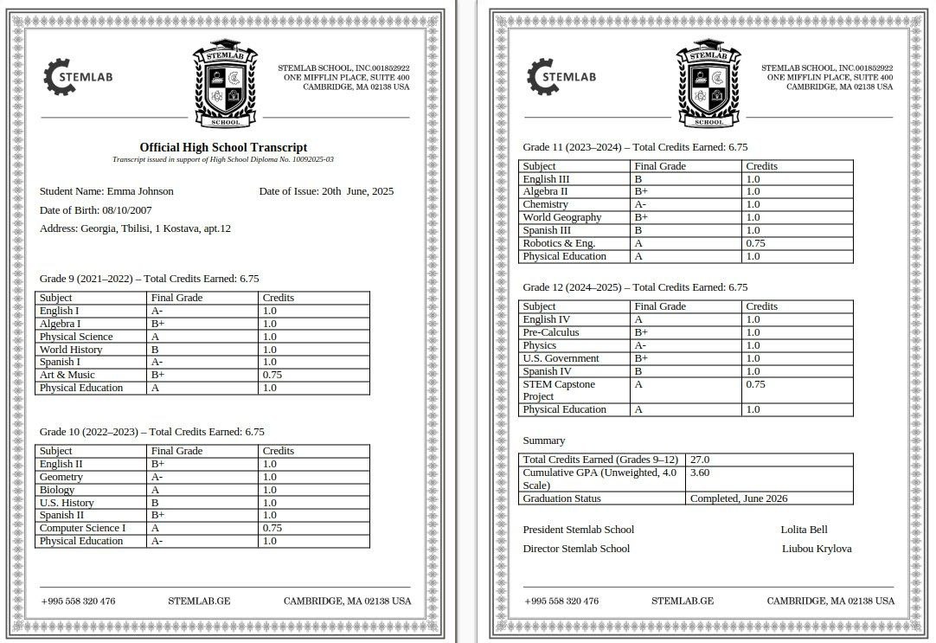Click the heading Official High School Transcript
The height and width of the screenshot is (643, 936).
(x=223, y=147)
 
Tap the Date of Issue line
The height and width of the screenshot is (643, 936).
(x=326, y=191)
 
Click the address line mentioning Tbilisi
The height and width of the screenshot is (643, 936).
(x=135, y=228)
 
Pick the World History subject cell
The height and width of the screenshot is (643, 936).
(x=71, y=350)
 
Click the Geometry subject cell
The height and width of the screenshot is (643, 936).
(x=61, y=477)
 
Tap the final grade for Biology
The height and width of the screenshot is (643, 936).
(x=156, y=490)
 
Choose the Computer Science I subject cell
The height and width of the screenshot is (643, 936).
(x=82, y=528)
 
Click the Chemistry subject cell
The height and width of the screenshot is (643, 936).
(x=545, y=204)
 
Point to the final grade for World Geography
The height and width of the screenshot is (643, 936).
(x=641, y=217)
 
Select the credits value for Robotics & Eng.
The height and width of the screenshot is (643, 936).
(x=755, y=243)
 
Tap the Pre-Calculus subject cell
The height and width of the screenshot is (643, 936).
(x=551, y=332)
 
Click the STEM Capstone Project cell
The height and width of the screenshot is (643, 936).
(x=559, y=389)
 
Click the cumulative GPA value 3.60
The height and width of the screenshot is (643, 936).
(x=699, y=473)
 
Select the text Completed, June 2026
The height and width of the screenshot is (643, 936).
(x=739, y=498)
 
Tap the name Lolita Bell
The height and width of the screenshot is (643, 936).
(x=804, y=530)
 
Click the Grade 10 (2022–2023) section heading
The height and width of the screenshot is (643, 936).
(x=152, y=431)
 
